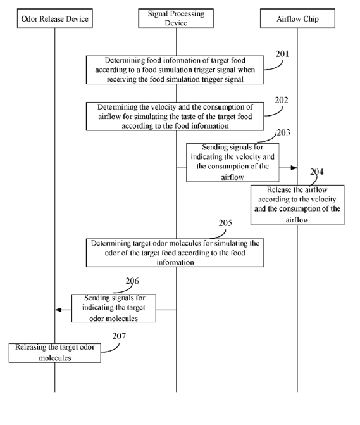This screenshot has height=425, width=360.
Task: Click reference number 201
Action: pos(282,54)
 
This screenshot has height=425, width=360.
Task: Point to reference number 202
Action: pos(282,100)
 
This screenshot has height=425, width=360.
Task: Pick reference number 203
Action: pos(283,132)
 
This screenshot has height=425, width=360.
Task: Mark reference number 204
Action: pos(317,172)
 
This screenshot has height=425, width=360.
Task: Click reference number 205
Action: pos(225,223)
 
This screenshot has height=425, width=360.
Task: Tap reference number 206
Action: pos(132,281)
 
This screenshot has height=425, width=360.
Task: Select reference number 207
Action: pos(119,336)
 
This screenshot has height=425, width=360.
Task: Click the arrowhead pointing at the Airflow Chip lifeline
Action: pos(294,168)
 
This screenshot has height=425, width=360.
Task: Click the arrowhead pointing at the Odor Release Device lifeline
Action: pos(58,310)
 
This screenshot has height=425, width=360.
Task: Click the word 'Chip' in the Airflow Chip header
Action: pos(311,19)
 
